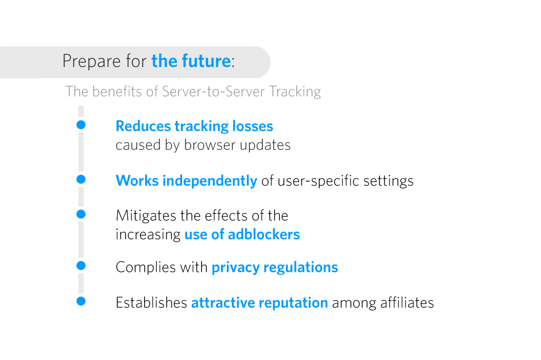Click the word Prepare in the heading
click(x=91, y=62)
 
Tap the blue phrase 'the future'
click(x=191, y=61)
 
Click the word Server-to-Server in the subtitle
click(x=214, y=91)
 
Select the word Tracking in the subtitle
click(x=295, y=92)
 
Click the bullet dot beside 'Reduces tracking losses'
click(x=81, y=125)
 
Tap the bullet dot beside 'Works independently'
click(x=81, y=179)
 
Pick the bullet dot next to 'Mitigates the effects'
click(x=81, y=214)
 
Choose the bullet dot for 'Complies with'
click(x=81, y=266)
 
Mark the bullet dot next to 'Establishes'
click(x=81, y=301)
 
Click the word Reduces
click(x=143, y=126)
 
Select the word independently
click(x=210, y=181)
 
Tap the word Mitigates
click(x=146, y=216)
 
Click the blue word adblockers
click(x=264, y=234)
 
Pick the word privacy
click(x=235, y=268)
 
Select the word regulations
click(x=301, y=268)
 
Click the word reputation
click(x=293, y=303)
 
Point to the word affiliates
click(x=407, y=302)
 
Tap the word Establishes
click(x=151, y=302)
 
